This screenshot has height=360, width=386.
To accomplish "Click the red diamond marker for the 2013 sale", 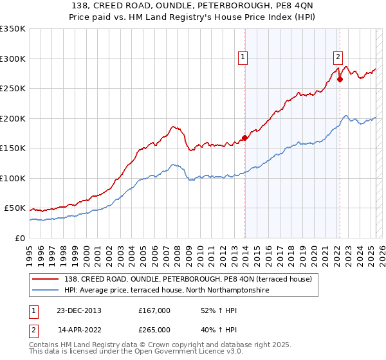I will point(245,138).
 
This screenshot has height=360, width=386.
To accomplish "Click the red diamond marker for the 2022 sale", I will point(340,80).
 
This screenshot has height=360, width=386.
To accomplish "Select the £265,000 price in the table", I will point(154,330).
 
